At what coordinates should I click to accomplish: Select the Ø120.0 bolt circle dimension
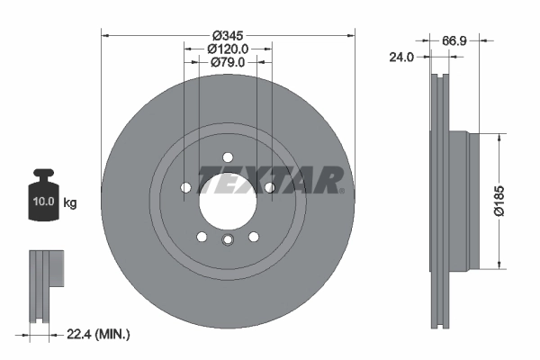point(228,48)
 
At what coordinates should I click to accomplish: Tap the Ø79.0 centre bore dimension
point(228,62)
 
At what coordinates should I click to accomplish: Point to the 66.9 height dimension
point(454,40)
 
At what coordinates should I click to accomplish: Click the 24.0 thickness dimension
point(400,56)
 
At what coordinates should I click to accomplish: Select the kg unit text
point(70,203)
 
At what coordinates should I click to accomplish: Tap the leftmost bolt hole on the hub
point(186,187)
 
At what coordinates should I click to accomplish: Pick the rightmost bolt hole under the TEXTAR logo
point(269,187)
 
